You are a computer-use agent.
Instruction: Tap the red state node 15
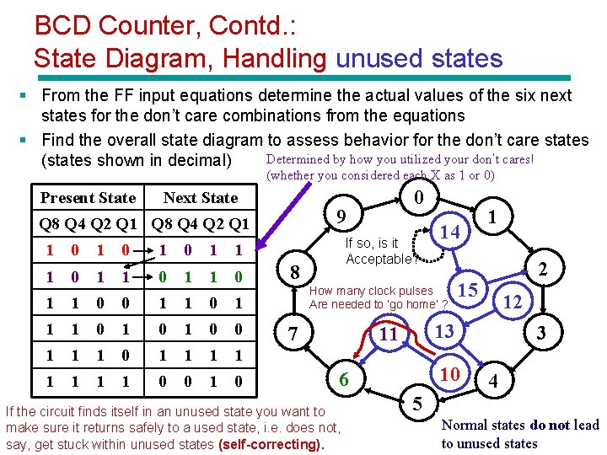(467, 291)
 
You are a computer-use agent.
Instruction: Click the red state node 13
(443, 331)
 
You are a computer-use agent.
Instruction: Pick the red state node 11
(388, 335)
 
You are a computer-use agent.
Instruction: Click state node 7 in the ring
(292, 335)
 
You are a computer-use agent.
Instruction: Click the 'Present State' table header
(88, 198)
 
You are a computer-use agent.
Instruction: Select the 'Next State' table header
(201, 198)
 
